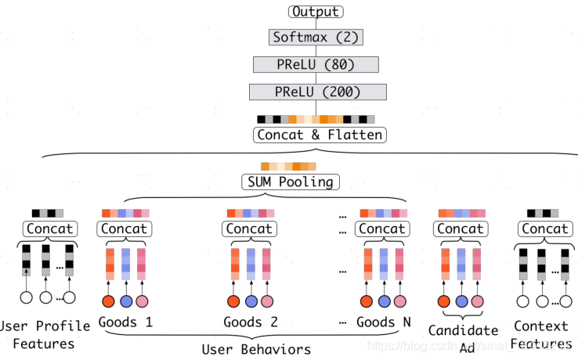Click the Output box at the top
click(x=315, y=12)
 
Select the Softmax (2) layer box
click(x=316, y=37)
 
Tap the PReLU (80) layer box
click(x=316, y=64)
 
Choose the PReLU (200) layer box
click(x=318, y=92)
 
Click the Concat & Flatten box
click(x=320, y=135)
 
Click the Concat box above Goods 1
click(x=125, y=229)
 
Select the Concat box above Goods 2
click(x=249, y=229)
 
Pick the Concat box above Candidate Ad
click(x=461, y=229)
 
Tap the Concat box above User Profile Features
click(x=49, y=229)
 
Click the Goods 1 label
click(x=125, y=322)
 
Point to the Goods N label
click(x=383, y=322)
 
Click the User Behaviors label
click(x=256, y=349)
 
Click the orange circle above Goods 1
click(x=109, y=301)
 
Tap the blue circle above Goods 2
click(x=250, y=301)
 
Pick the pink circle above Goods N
click(x=399, y=301)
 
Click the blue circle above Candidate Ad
click(x=461, y=301)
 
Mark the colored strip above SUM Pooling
click(x=288, y=167)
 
